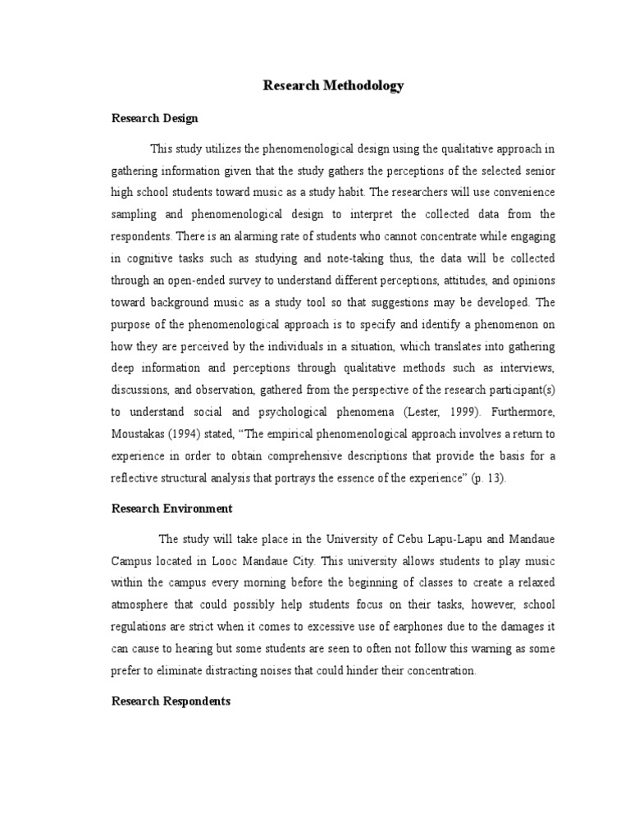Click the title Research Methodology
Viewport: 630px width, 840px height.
click(x=333, y=85)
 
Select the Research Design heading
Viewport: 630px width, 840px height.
click(x=154, y=118)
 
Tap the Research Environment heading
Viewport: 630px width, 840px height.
click(x=172, y=509)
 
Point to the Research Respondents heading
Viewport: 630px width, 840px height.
click(x=171, y=702)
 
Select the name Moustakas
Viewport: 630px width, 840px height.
click(x=143, y=434)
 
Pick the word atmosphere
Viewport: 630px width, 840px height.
click(x=143, y=605)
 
